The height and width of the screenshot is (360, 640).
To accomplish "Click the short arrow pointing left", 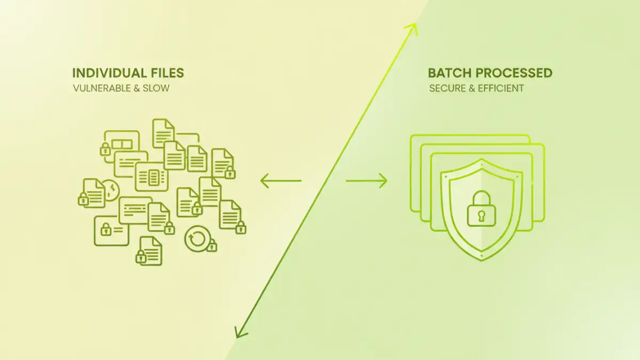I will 281,181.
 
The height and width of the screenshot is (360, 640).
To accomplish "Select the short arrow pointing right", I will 366,181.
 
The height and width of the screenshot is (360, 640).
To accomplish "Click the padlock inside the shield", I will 481,209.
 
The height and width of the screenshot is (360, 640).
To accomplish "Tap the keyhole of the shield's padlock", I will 481,215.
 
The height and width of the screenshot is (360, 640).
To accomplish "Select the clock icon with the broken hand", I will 110,190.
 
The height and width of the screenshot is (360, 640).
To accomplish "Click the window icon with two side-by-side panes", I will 122,144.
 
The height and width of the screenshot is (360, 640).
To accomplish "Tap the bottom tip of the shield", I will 481,260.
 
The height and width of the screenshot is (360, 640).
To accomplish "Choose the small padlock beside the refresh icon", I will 212,246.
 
